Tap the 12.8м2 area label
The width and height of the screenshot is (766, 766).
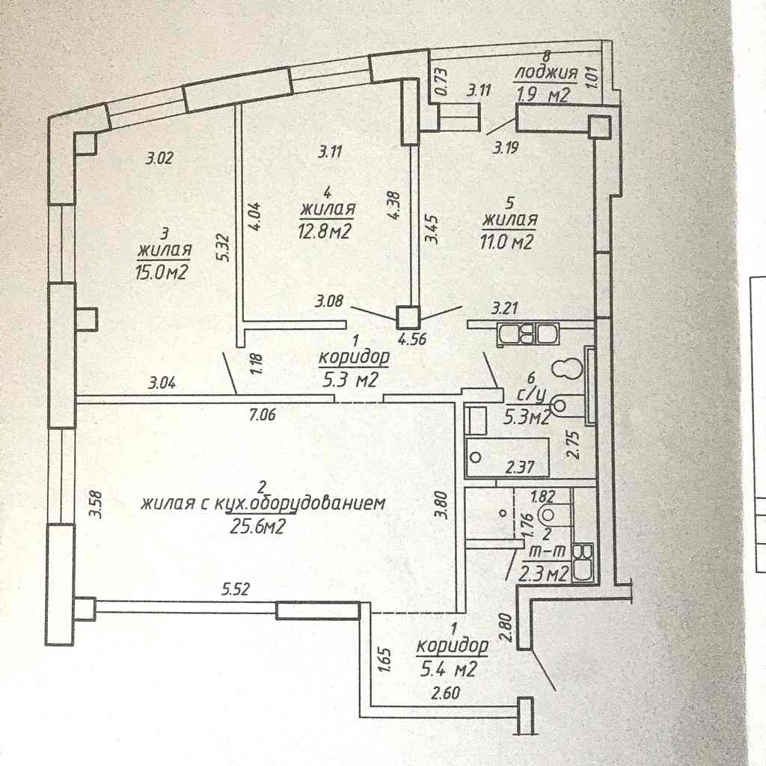(x=325, y=231)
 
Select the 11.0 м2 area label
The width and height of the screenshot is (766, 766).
(x=506, y=242)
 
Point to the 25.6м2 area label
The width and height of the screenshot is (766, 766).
(x=257, y=526)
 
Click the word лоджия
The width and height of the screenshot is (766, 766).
(x=545, y=73)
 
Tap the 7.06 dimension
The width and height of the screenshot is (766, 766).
(x=263, y=415)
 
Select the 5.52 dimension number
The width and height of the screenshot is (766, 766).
(x=236, y=589)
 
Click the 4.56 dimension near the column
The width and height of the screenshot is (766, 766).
(x=413, y=339)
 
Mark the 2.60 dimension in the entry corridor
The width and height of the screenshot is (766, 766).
(x=444, y=692)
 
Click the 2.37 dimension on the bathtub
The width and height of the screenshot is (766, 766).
(x=520, y=468)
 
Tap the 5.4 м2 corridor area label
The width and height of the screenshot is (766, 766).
(x=448, y=669)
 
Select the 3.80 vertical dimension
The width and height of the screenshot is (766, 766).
(x=441, y=504)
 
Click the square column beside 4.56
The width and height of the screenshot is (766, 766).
(x=408, y=317)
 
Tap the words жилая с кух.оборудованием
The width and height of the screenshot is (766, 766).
(x=263, y=503)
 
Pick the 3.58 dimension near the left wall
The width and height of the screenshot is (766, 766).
(x=96, y=504)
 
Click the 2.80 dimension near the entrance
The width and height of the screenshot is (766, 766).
(x=506, y=628)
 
